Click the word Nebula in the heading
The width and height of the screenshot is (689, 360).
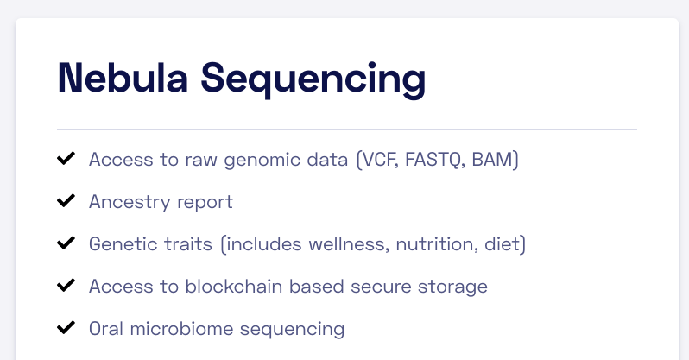(x=123, y=78)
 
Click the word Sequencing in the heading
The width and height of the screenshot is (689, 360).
(x=313, y=80)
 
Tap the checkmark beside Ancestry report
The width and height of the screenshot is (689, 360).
(x=66, y=201)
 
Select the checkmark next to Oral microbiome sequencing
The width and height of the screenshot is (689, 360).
(x=66, y=327)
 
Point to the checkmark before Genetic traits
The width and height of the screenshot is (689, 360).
(x=66, y=243)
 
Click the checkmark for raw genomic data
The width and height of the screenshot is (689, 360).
(x=66, y=158)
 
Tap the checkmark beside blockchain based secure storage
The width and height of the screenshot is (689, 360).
(x=66, y=285)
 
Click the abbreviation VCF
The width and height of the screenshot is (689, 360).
(x=379, y=160)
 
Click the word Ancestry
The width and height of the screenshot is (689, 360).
(x=130, y=202)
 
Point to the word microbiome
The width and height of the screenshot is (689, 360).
(x=181, y=329)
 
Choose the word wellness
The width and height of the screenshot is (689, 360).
(x=349, y=244)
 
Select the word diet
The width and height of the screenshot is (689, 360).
(x=502, y=244)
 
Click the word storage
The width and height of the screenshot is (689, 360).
(x=452, y=287)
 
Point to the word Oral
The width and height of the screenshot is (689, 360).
(x=106, y=329)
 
